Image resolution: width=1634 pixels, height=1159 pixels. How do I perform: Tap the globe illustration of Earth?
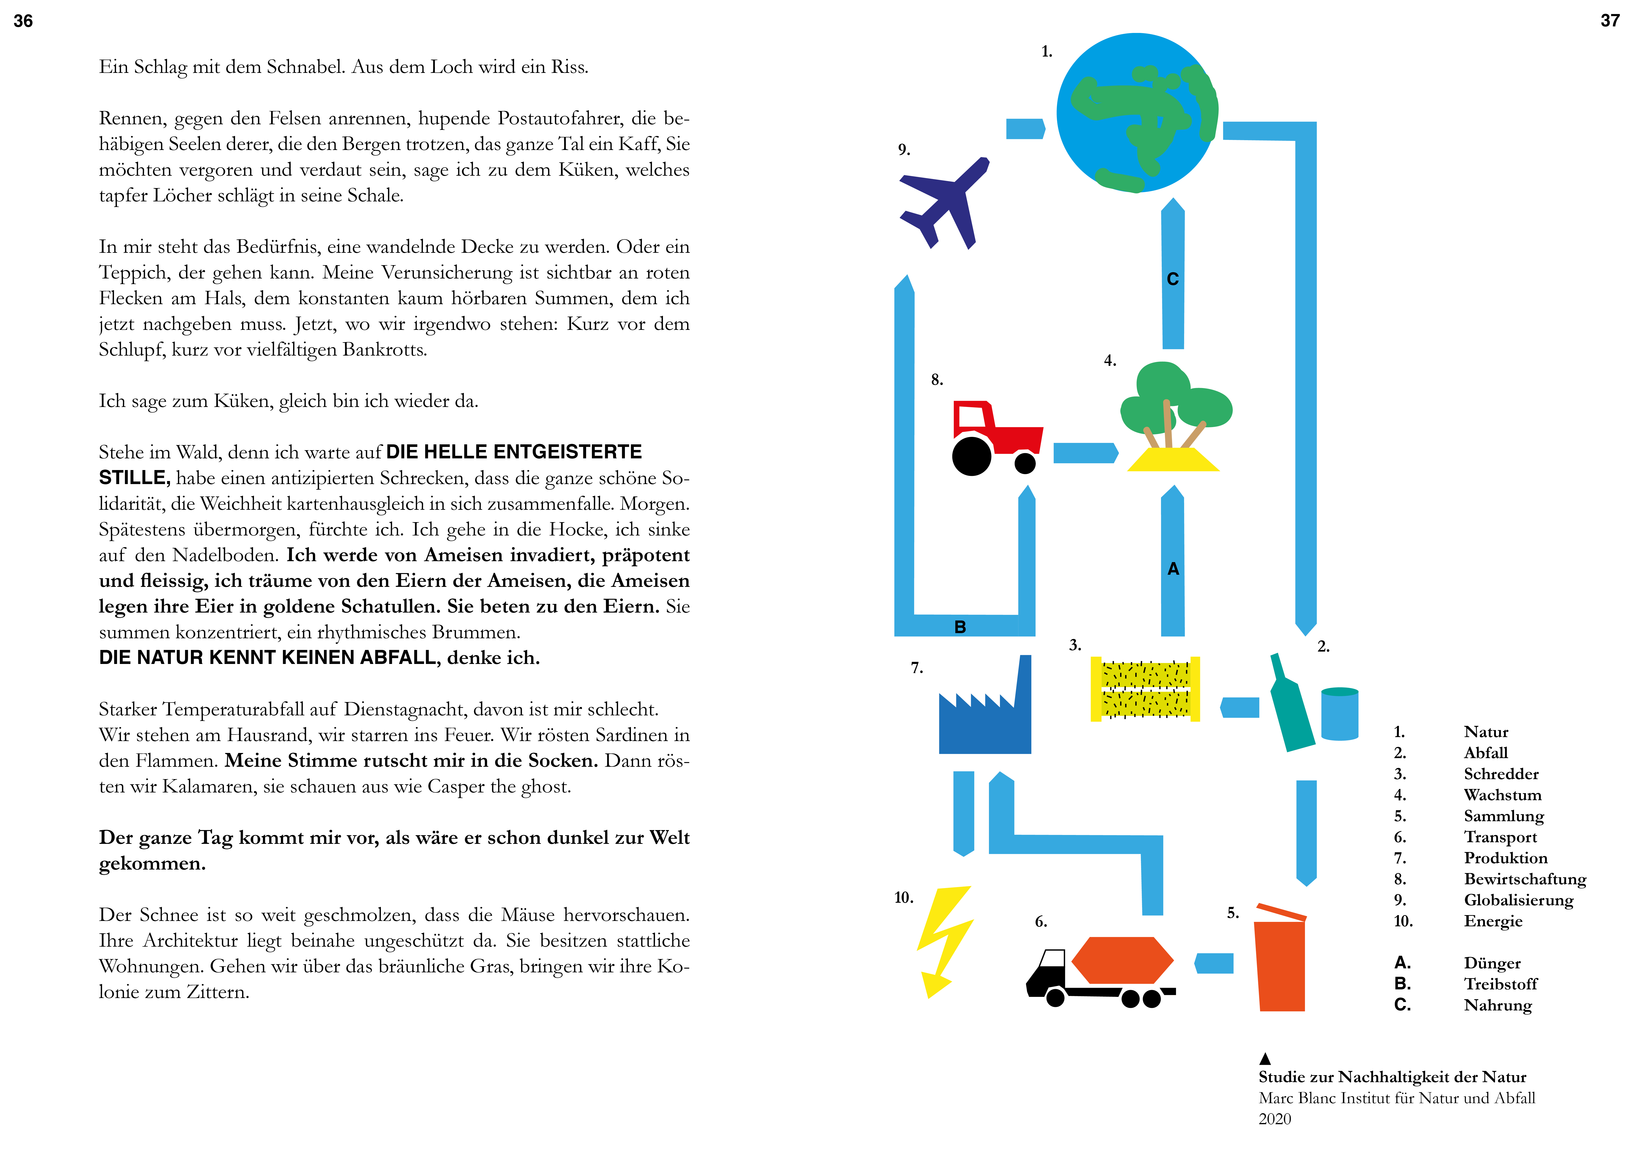coord(1136,113)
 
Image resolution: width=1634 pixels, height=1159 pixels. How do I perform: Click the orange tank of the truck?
coord(1122,960)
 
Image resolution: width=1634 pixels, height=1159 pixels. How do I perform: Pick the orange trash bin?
coord(1281,963)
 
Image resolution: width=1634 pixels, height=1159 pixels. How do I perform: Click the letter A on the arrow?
coord(1173,569)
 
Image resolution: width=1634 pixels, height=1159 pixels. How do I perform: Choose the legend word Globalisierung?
coord(1518,900)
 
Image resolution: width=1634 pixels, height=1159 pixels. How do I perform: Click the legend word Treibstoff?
coord(1501,984)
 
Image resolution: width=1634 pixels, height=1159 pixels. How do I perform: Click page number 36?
coord(23,21)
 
